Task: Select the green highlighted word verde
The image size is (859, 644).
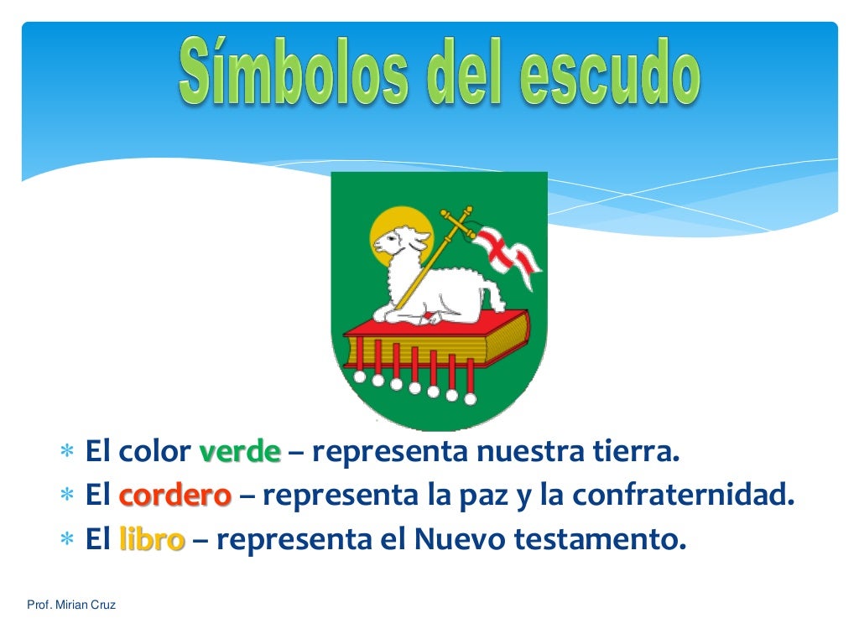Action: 240,453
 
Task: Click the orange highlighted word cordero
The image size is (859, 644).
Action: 174,496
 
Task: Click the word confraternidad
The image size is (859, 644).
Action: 683,496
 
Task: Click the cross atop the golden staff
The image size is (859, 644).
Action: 458,219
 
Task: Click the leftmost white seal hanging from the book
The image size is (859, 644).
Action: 359,377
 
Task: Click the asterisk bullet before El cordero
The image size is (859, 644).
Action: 67,497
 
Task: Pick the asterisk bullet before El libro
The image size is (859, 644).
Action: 67,541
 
